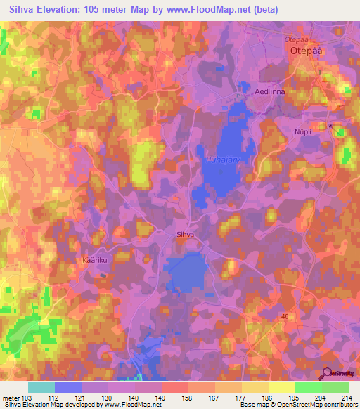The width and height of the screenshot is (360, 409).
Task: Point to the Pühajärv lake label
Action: click(x=222, y=161)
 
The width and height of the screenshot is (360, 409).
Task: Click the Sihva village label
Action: click(x=185, y=236)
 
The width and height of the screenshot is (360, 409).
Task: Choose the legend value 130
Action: click(x=108, y=398)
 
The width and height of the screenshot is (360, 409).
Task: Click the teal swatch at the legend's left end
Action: click(x=41, y=387)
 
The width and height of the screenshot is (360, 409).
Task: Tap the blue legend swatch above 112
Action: click(x=67, y=387)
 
